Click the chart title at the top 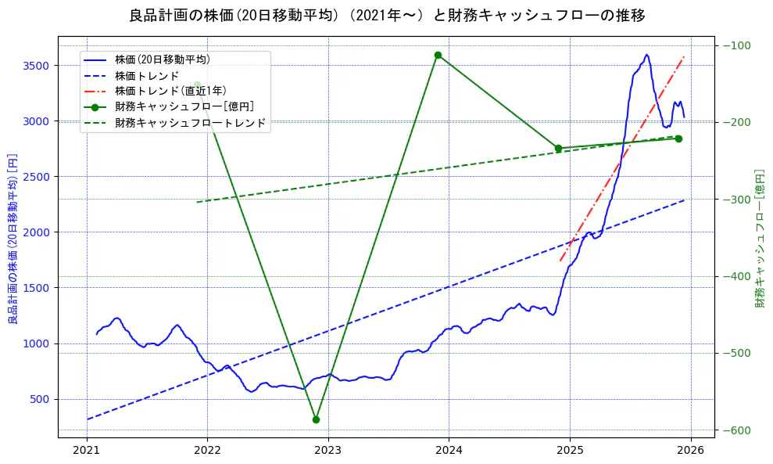387,16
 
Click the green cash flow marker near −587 316,419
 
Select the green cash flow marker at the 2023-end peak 438,55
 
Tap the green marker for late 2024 558,148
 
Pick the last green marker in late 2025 678,138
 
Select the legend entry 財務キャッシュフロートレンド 190,123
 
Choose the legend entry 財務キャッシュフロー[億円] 184,106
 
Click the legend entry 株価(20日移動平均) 162,59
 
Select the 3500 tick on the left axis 38,66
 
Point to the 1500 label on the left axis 38,288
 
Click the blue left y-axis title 13,239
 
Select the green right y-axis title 760,239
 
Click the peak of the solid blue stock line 646,55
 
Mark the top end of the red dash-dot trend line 685,56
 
